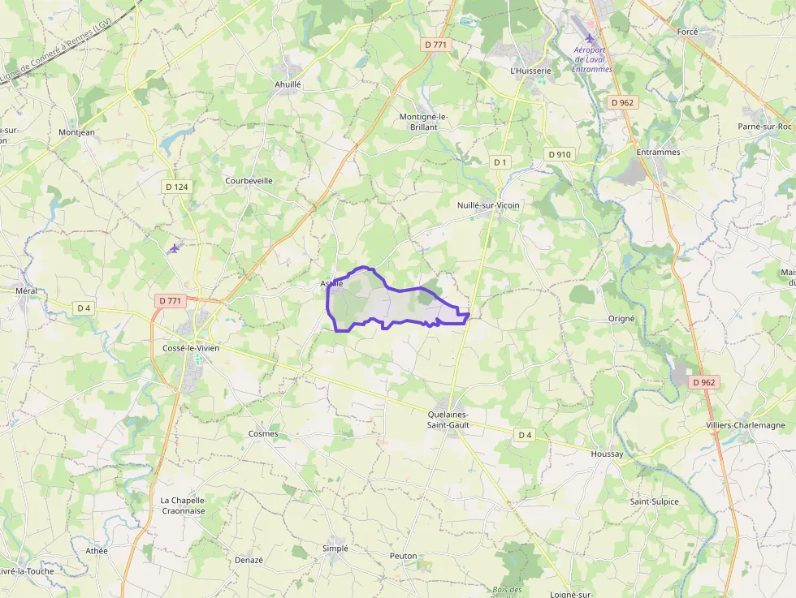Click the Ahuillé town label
coord(288,84)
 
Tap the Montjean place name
coord(76,132)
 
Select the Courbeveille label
coord(249,180)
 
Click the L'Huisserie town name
coord(530,71)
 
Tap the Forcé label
coord(687,32)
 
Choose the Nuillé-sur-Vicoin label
coord(488,205)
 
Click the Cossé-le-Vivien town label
coord(191,348)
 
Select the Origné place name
coord(621,319)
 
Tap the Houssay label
coord(607,454)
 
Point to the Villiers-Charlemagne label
coord(746,425)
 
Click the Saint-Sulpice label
coord(654,501)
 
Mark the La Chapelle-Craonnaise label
coord(183,506)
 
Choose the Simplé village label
coord(335,549)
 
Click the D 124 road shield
coord(176,187)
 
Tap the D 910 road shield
coord(559,154)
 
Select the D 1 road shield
coord(500,162)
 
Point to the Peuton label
coord(403,556)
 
